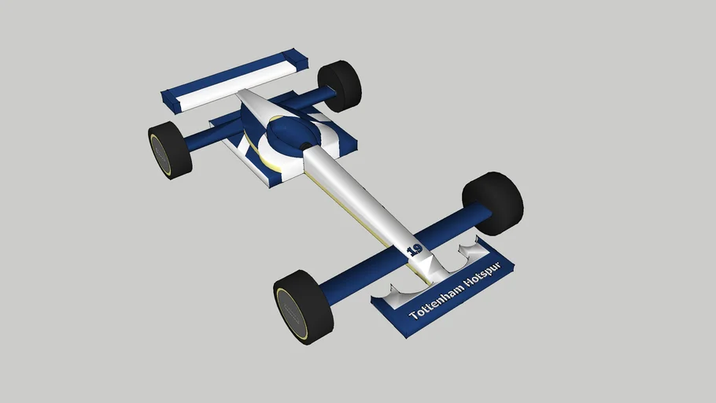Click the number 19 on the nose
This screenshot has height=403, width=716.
point(414,250)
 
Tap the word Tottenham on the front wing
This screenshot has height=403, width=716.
point(435,305)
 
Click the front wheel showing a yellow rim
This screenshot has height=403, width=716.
point(303,306)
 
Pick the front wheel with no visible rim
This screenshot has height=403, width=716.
point(493,203)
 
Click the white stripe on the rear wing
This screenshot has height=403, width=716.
point(233,79)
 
